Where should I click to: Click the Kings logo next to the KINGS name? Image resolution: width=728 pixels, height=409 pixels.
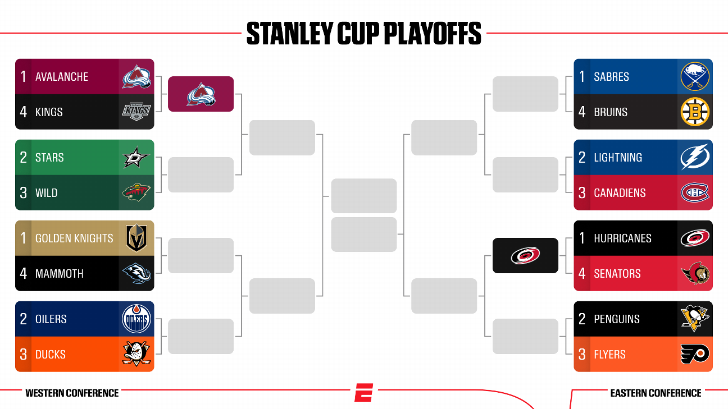(x=136, y=112)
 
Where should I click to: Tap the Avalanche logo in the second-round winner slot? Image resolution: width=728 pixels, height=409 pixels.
(x=201, y=94)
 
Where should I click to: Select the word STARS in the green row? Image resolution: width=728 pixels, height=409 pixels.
(x=49, y=158)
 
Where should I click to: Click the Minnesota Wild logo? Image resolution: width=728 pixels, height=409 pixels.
(x=136, y=192)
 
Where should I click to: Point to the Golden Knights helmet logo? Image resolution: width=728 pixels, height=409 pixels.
(x=136, y=238)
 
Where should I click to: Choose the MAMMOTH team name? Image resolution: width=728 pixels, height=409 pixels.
(x=60, y=274)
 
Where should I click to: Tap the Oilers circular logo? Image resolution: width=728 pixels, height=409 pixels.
(x=136, y=319)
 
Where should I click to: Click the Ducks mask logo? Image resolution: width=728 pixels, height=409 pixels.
(x=136, y=354)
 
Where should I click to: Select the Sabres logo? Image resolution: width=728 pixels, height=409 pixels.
(x=695, y=76)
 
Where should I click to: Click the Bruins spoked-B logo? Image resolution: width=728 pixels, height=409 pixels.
(x=695, y=112)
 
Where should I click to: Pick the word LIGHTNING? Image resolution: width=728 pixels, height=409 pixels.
(x=618, y=158)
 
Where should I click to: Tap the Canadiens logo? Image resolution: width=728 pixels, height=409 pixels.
(x=695, y=192)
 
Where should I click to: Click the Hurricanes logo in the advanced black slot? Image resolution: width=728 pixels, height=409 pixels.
(x=526, y=255)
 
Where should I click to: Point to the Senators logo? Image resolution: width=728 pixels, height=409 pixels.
(x=695, y=273)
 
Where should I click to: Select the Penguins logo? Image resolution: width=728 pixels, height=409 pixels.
(x=695, y=318)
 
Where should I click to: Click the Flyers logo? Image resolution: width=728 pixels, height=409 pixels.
(x=695, y=354)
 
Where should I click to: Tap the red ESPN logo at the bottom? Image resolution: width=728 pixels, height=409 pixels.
(x=363, y=392)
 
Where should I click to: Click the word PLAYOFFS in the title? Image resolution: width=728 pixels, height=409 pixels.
(x=433, y=33)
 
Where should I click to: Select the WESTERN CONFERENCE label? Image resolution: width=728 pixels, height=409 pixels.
(x=72, y=393)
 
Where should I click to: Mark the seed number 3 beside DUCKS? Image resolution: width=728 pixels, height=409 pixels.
(x=23, y=354)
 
